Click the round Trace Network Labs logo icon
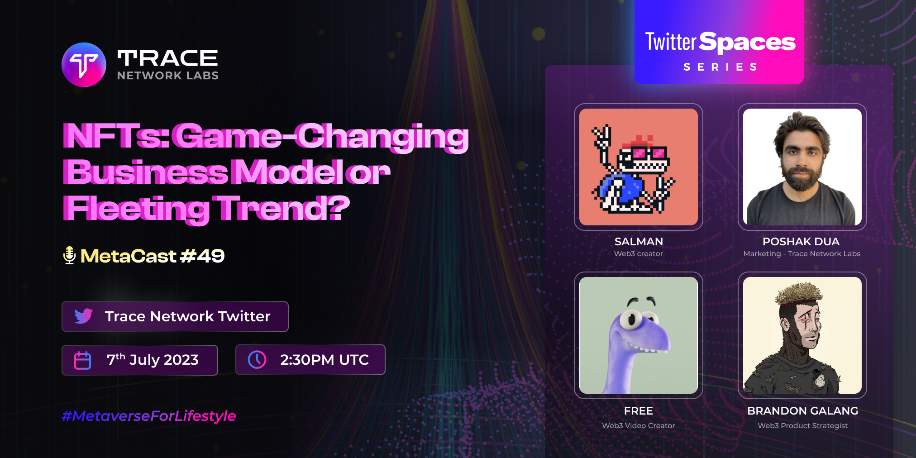(84, 65)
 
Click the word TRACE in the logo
(167, 58)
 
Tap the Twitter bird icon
(84, 316)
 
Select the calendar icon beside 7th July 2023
(82, 360)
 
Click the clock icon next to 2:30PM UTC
(257, 360)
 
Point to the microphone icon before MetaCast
(69, 256)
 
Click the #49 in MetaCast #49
(202, 256)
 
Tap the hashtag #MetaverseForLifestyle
(149, 416)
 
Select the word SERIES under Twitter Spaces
(720, 67)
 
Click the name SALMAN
(639, 242)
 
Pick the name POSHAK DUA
(801, 242)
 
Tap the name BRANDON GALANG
(802, 411)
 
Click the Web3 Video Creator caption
(638, 425)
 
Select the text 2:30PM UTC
(324, 360)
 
